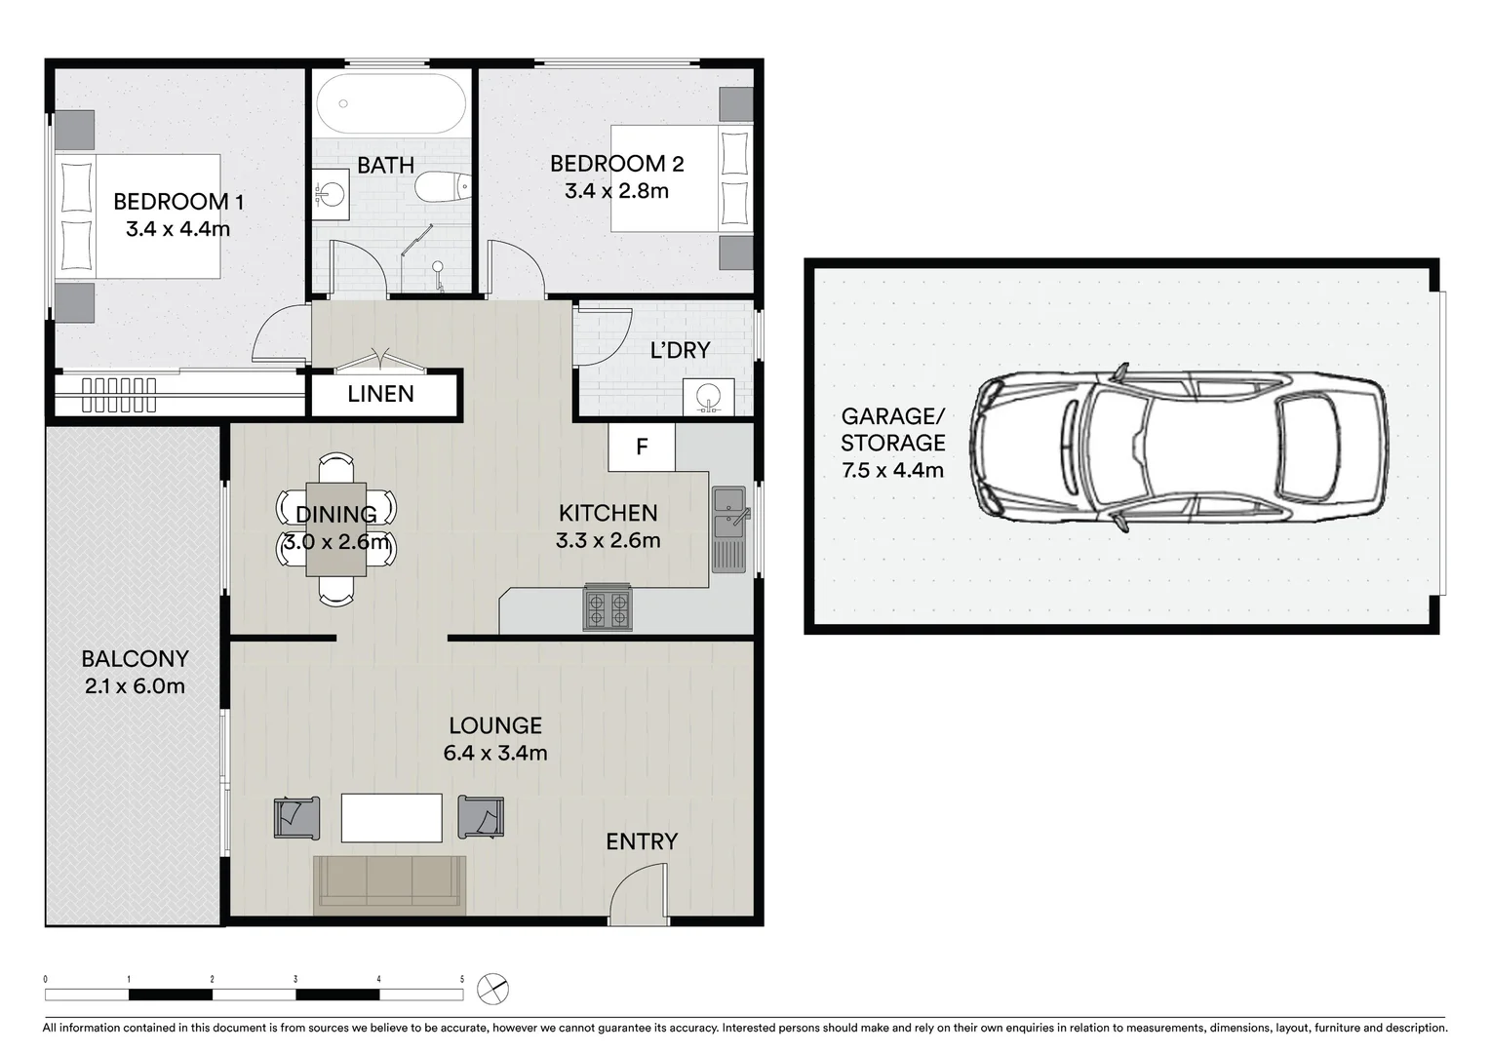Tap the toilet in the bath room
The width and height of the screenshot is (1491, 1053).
pyautogui.click(x=444, y=186)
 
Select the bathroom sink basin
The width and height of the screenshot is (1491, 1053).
pyautogui.click(x=332, y=190)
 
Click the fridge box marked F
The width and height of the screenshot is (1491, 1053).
pyautogui.click(x=642, y=447)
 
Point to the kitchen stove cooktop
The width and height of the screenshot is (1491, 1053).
pyautogui.click(x=608, y=608)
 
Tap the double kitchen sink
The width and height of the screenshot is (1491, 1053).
pyautogui.click(x=728, y=515)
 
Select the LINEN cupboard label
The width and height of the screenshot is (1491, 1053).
pyautogui.click(x=381, y=394)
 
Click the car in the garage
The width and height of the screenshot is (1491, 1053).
pyautogui.click(x=1180, y=448)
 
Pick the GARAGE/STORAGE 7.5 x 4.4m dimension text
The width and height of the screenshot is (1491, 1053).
pyautogui.click(x=892, y=470)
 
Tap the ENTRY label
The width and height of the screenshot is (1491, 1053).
pyautogui.click(x=642, y=841)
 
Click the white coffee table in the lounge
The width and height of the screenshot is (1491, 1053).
pyautogui.click(x=391, y=817)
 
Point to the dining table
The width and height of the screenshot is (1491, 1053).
pyautogui.click(x=336, y=528)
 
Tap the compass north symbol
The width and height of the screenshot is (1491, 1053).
pyautogui.click(x=492, y=989)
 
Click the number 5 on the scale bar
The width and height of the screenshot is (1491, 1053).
pyautogui.click(x=462, y=979)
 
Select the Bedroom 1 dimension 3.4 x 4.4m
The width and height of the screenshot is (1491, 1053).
pyautogui.click(x=177, y=229)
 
